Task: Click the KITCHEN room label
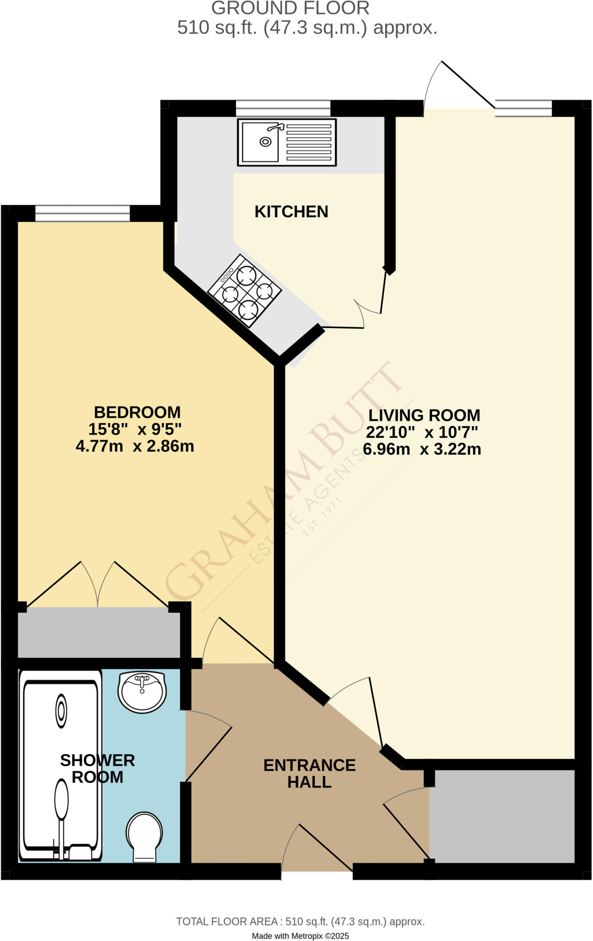pyautogui.click(x=291, y=211)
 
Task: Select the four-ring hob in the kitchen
pyautogui.click(x=244, y=291)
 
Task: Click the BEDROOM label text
pyautogui.click(x=137, y=412)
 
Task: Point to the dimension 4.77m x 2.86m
pyautogui.click(x=135, y=446)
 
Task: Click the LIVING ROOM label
pyautogui.click(x=424, y=415)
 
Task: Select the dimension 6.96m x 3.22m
pyautogui.click(x=422, y=449)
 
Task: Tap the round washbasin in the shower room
pyautogui.click(x=142, y=692)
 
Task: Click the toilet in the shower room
pyautogui.click(x=144, y=837)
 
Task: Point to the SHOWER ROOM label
pyautogui.click(x=97, y=769)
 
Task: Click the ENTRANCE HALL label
pyautogui.click(x=309, y=773)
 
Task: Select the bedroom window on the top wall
pyautogui.click(x=82, y=214)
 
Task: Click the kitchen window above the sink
pyautogui.click(x=283, y=108)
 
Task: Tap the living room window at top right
pyautogui.click(x=523, y=108)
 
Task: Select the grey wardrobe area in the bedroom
pyautogui.click(x=98, y=632)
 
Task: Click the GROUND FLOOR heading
pyautogui.click(x=290, y=8)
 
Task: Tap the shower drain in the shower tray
pyautogui.click(x=61, y=711)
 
